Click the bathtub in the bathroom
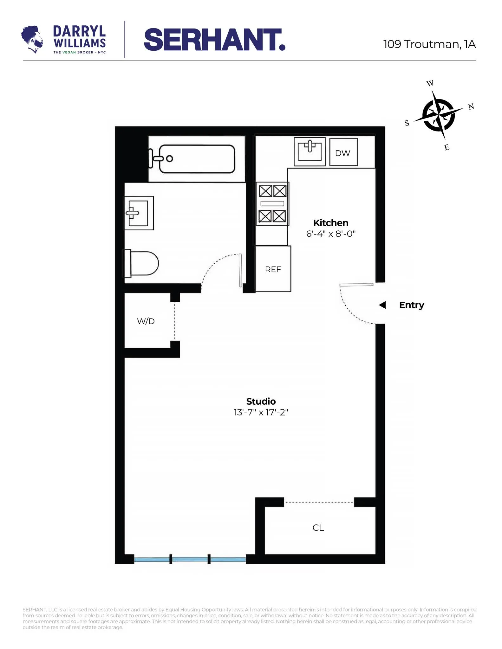click(x=197, y=159)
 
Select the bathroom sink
click(x=139, y=213)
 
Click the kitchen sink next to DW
click(x=310, y=151)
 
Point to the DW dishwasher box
click(x=343, y=152)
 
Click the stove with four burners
click(x=272, y=204)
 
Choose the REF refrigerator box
click(x=273, y=269)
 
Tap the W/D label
click(x=146, y=321)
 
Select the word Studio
click(x=261, y=401)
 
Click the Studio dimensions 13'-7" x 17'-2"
click(x=261, y=412)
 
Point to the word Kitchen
click(x=330, y=223)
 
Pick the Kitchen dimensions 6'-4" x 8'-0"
click(x=330, y=234)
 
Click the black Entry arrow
click(x=382, y=305)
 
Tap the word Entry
click(x=411, y=305)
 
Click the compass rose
click(x=439, y=115)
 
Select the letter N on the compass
click(x=471, y=107)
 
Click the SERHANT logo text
click(x=215, y=40)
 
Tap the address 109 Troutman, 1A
click(x=429, y=44)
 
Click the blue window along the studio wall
click(x=190, y=560)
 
